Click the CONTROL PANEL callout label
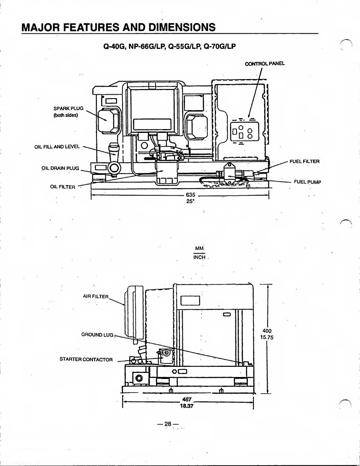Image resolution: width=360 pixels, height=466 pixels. [x=265, y=64]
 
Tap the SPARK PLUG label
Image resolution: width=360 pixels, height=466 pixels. [x=68, y=109]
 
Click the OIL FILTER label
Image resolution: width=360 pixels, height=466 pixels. [x=63, y=187]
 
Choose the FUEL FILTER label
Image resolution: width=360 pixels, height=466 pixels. [x=304, y=162]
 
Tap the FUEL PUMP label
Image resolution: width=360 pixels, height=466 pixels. [x=307, y=182]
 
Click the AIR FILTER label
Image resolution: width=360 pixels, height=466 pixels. [x=96, y=296]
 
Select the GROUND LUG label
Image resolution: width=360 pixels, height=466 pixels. [x=97, y=335]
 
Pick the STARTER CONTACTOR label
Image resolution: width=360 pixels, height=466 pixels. [x=86, y=359]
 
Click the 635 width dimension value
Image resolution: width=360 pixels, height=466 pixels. [x=190, y=195]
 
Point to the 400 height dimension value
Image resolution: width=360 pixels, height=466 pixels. [x=267, y=331]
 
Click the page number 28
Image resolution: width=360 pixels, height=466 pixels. [x=169, y=424]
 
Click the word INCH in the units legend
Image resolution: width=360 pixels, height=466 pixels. [x=199, y=257]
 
